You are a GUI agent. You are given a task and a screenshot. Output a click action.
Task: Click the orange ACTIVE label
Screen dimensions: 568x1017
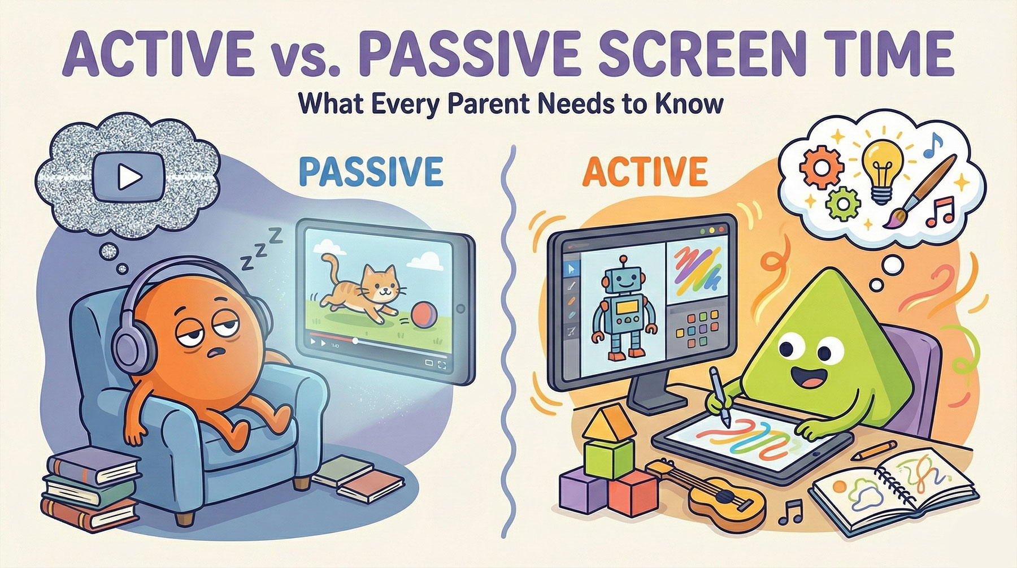(x=646, y=171)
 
